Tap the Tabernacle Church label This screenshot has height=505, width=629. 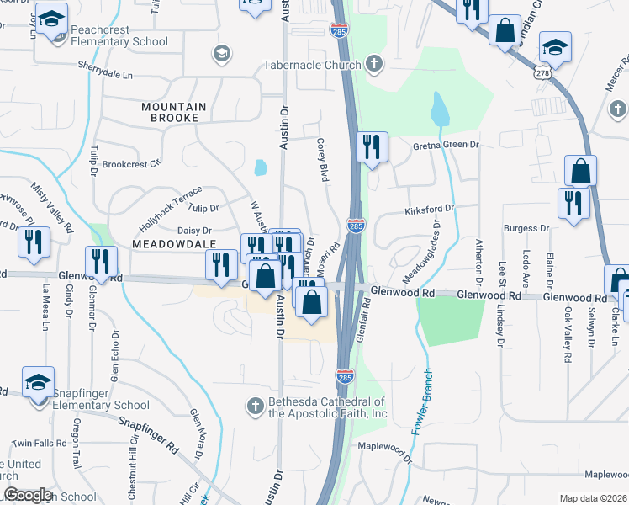tap(310, 64)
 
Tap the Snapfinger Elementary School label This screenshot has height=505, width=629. tap(101, 398)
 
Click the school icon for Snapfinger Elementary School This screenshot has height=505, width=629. tap(38, 382)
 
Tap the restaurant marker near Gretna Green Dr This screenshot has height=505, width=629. tap(371, 147)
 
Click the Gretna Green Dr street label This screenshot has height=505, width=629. tap(445, 145)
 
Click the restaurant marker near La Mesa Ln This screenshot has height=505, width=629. tap(34, 242)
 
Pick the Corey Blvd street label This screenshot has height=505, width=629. tap(321, 159)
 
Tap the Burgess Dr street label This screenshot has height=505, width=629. tap(526, 228)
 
